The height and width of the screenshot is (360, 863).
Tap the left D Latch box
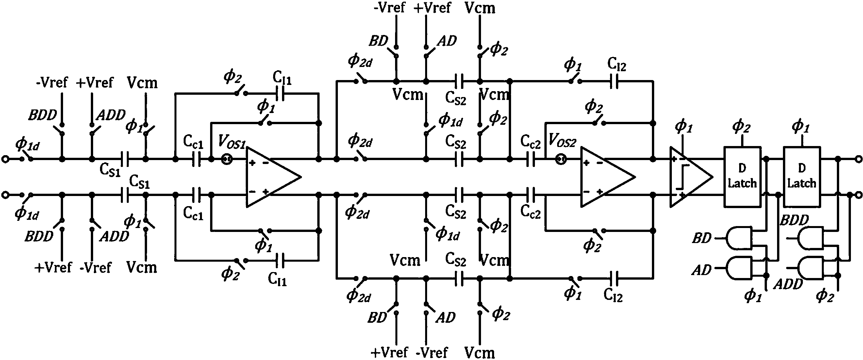pos(742,176)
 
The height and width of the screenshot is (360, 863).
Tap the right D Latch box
pos(801,176)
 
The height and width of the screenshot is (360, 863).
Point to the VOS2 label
pos(562,141)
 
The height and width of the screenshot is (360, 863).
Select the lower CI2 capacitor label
pos(613,295)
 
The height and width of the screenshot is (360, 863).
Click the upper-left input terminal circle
pos(5,159)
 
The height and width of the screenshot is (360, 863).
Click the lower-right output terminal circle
pos(858,195)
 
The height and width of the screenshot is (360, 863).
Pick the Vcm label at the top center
pos(480,8)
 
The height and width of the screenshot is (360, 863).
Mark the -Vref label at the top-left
pos(52,82)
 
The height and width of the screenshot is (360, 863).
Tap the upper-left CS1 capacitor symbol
pos(124,159)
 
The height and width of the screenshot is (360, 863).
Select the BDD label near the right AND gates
pos(794,220)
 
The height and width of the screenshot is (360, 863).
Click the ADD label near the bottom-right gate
pos(788,284)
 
